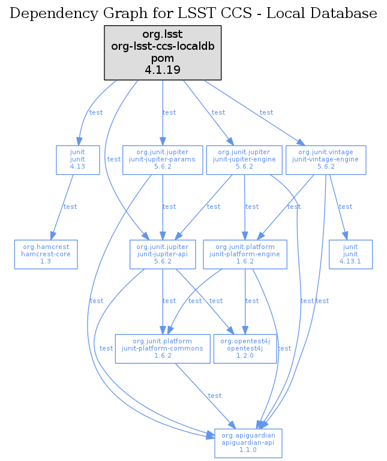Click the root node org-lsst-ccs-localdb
pyautogui.click(x=163, y=52)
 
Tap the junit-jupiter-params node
pyautogui.click(x=163, y=160)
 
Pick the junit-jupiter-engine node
pyautogui.click(x=244, y=160)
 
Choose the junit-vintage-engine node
pyautogui.click(x=325, y=160)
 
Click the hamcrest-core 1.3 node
pyautogui.click(x=46, y=254)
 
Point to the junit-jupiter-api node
pyautogui.click(x=163, y=254)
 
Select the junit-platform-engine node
pyautogui.click(x=242, y=254)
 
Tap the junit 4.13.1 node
pyautogui.click(x=350, y=254)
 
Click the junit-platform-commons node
pyautogui.click(x=163, y=348)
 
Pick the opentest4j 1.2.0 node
pyautogui.click(x=245, y=348)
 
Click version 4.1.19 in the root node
pyautogui.click(x=163, y=70)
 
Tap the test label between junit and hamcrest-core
pyautogui.click(x=70, y=206)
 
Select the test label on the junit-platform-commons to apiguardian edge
pyautogui.click(x=214, y=396)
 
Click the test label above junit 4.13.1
pyautogui.click(x=346, y=206)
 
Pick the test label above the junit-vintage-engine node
pyautogui.click(x=266, y=112)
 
